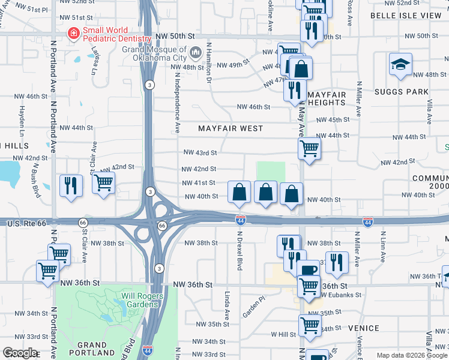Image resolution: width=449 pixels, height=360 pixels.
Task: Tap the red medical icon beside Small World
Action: tap(73, 33)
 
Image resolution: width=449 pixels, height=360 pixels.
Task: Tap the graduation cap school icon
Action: tap(400, 64)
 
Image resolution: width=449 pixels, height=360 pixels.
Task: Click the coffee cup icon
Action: tap(308, 271)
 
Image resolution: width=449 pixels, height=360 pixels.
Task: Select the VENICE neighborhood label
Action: tap(363, 328)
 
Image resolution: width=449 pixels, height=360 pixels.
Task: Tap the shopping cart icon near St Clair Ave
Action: tap(103, 182)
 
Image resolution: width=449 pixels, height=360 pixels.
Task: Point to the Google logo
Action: tap(20, 353)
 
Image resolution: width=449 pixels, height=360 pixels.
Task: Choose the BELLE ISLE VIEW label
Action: tap(405, 14)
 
